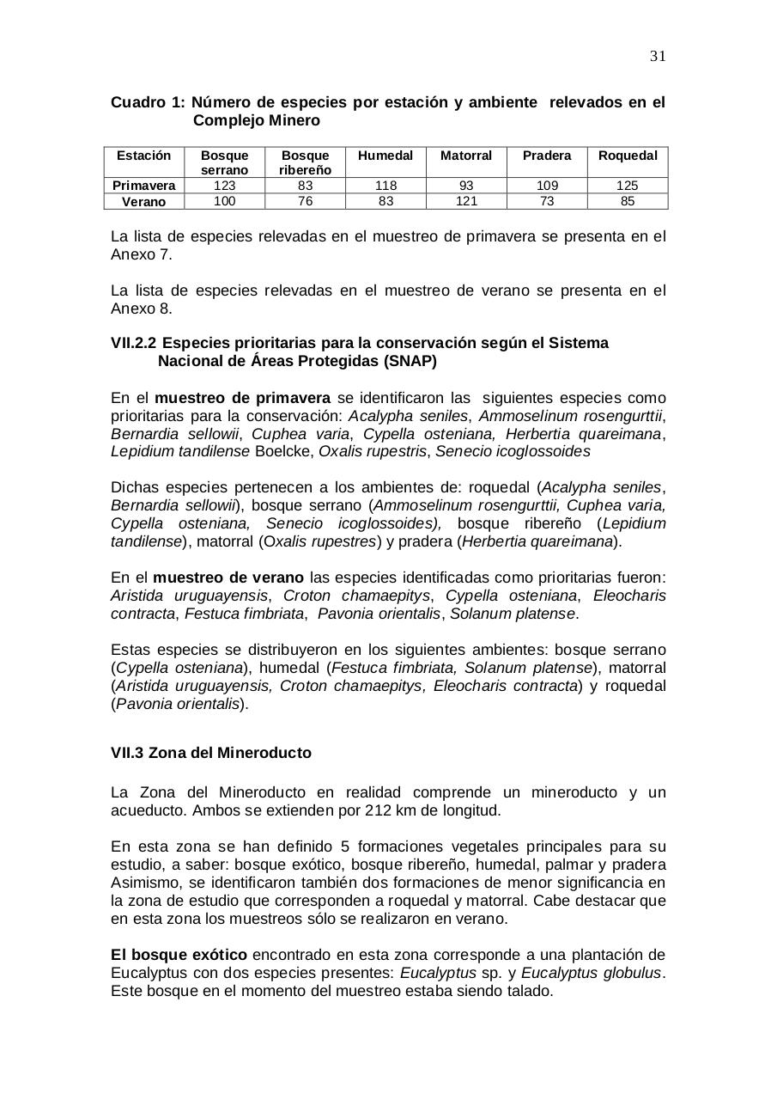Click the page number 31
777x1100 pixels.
pyautogui.click(x=658, y=57)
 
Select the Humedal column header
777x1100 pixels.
pyautogui.click(x=385, y=156)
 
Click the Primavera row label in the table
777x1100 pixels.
pyautogui.click(x=143, y=186)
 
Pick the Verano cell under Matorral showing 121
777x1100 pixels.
pyautogui.click(x=465, y=201)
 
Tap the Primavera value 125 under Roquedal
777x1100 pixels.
pyautogui.click(x=627, y=186)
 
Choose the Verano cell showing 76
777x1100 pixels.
pyautogui.click(x=305, y=201)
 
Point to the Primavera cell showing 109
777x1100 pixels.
pyautogui.click(x=546, y=186)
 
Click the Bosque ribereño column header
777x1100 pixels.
pyautogui.click(x=305, y=162)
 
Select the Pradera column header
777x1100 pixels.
pyautogui.click(x=546, y=156)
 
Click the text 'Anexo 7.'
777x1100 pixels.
pyautogui.click(x=142, y=254)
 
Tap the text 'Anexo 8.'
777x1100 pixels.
pyautogui.click(x=142, y=309)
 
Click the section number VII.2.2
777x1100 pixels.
pyautogui.click(x=133, y=343)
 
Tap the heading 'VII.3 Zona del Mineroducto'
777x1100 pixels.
pyautogui.click(x=211, y=753)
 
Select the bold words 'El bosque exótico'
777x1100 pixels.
pyautogui.click(x=179, y=955)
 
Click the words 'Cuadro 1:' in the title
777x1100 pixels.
pyautogui.click(x=148, y=102)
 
